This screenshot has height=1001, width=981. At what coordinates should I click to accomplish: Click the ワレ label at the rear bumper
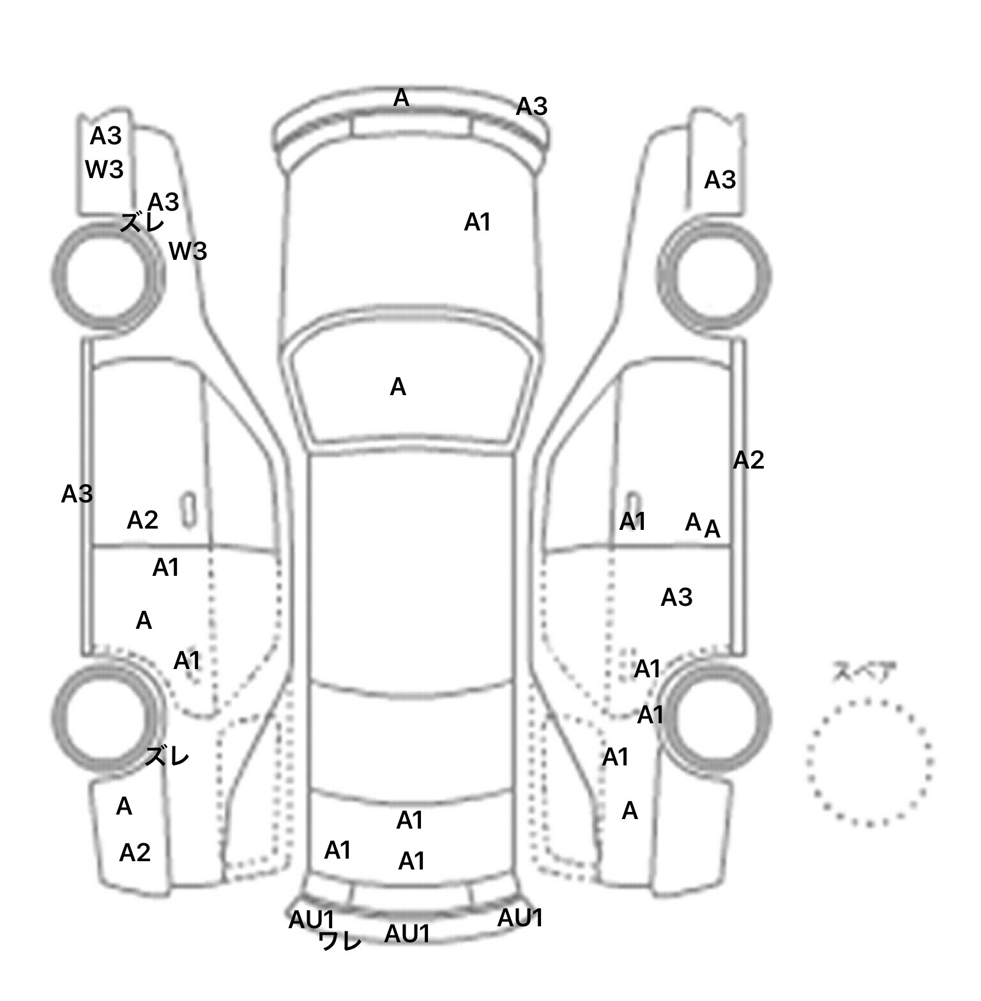[340, 940]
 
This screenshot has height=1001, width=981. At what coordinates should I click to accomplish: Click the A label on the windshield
[398, 387]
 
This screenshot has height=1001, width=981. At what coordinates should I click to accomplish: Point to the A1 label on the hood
[477, 222]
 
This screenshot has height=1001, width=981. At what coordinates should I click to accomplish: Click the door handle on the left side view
[188, 510]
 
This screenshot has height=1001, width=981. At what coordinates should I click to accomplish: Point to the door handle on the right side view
[633, 508]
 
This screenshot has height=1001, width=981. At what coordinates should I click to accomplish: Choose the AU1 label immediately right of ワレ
[407, 934]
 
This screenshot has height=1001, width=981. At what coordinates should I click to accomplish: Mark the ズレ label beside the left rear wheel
[167, 756]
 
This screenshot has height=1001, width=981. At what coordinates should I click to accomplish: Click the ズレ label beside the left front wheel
[142, 223]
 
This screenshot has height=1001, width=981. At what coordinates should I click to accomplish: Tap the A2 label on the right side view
[748, 460]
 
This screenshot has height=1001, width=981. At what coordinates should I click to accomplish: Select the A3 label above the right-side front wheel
[720, 181]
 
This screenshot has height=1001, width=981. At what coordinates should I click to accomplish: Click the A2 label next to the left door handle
[142, 520]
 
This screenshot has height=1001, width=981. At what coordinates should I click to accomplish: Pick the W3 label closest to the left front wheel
[188, 252]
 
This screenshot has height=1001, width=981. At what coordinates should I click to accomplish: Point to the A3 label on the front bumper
[531, 107]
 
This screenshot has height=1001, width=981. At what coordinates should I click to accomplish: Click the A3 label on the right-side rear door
[676, 598]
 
